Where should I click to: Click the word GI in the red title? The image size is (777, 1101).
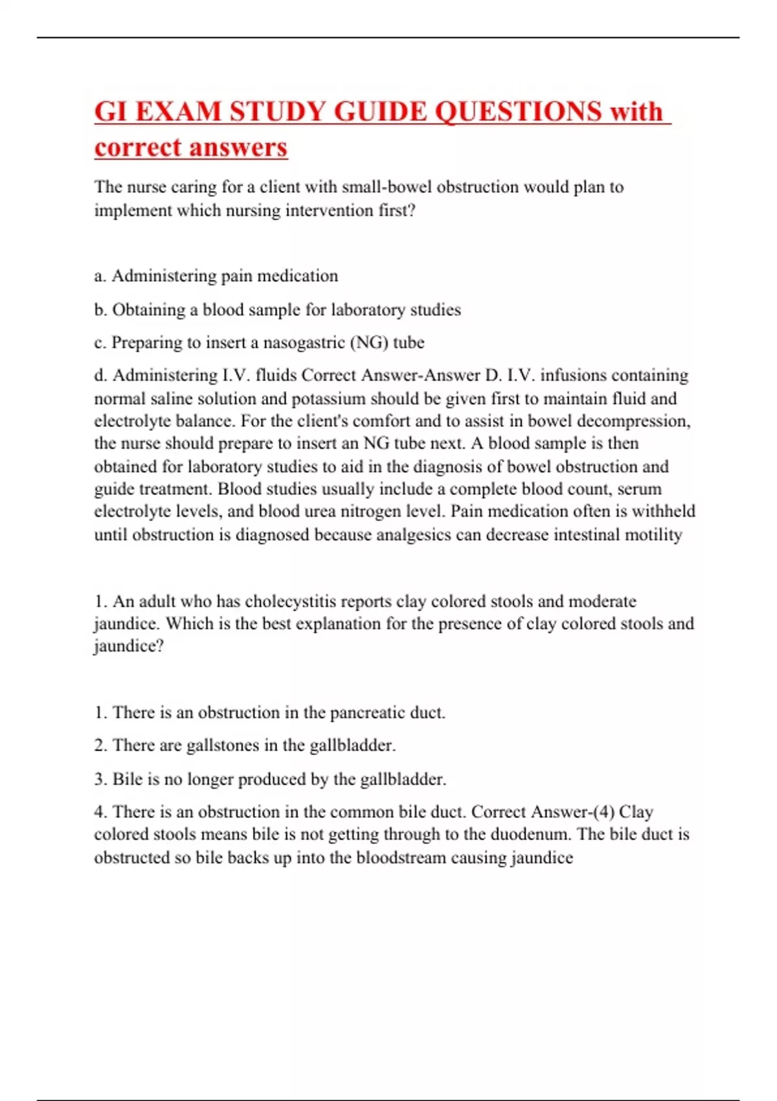[110, 111]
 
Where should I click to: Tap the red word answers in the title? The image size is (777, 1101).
[247, 148]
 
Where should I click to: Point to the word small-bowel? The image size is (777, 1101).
[387, 187]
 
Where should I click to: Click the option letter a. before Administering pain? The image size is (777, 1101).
[100, 276]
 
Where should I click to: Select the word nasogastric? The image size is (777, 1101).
[304, 343]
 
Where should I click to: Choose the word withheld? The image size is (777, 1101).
[664, 512]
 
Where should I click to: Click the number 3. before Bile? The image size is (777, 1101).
[100, 779]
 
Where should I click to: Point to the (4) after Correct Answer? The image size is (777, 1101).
[603, 812]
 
